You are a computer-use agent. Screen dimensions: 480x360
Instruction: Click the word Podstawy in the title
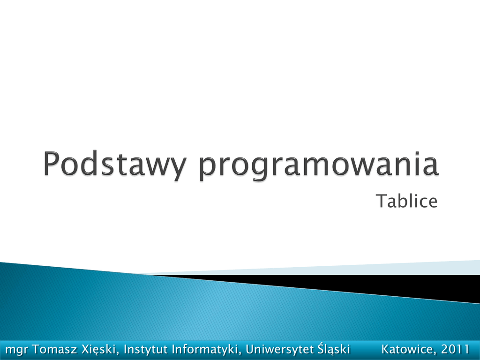[114, 165]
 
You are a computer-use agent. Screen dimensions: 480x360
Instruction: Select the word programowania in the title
[319, 165]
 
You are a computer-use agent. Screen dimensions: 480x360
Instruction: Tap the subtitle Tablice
[406, 201]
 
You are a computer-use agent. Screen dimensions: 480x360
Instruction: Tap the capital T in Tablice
[382, 201]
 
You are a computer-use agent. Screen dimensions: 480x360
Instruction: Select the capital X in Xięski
[86, 349]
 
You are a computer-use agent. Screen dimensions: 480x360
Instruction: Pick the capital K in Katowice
[386, 349]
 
